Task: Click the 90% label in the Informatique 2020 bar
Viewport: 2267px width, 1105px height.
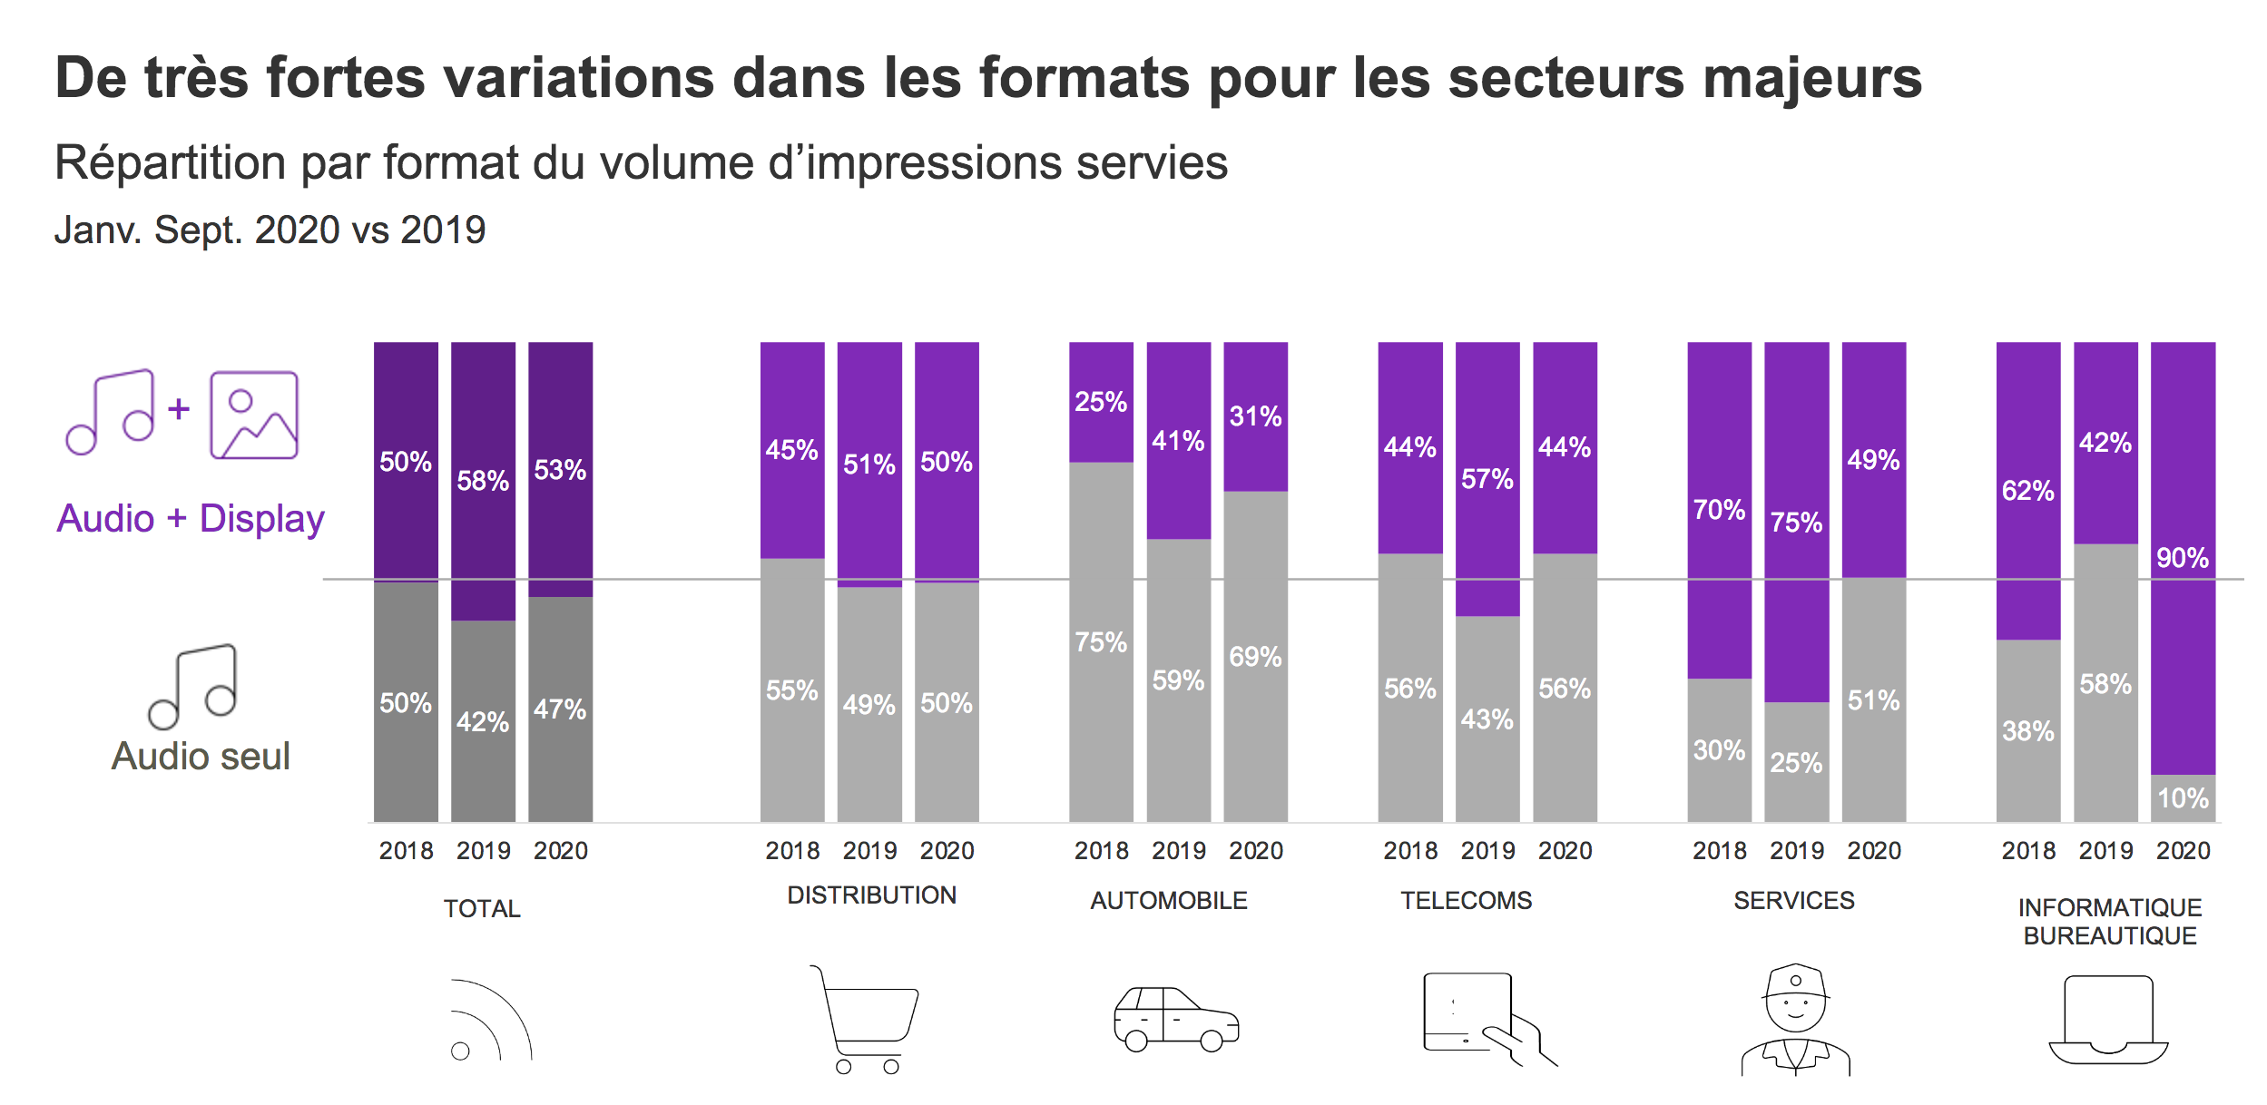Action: coord(2183,558)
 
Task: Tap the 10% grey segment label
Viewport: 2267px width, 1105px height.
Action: coord(2183,798)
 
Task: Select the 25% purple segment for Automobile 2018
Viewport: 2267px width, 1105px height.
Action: coord(1101,402)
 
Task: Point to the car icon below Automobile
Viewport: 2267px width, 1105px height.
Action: coord(1176,1019)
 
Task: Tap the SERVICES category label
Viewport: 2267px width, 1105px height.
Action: coord(1794,901)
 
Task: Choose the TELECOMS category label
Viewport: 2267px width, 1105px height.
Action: coord(1466,901)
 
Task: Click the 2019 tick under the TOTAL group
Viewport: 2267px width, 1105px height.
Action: coord(483,851)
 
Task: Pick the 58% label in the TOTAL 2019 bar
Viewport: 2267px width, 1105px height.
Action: coord(483,481)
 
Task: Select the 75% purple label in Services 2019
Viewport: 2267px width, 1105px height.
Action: coord(1796,523)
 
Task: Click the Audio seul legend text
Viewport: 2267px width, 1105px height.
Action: coord(201,757)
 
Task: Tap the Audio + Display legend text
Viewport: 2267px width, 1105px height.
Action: coord(191,519)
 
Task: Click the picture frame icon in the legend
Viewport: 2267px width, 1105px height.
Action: coord(254,415)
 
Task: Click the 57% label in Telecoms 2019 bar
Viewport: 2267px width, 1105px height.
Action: coord(1487,479)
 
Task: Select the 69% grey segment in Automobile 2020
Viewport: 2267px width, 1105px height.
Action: coord(1255,657)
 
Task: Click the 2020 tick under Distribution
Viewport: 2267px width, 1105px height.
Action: coord(947,851)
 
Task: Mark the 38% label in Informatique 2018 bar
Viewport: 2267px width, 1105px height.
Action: coord(2028,731)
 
